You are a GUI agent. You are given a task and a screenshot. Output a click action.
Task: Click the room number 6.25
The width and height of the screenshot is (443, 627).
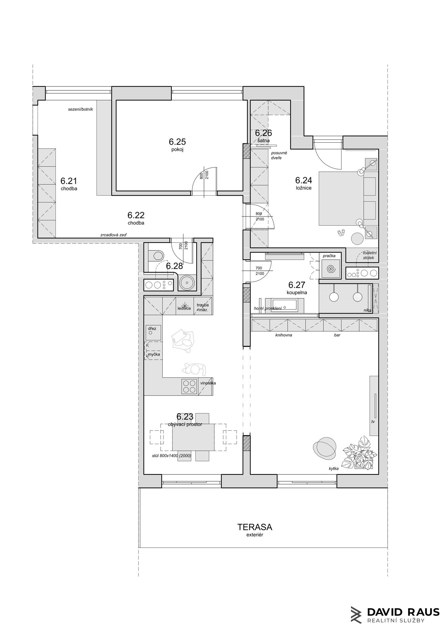point(177,142)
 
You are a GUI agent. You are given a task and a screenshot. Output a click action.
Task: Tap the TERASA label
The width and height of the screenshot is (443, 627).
point(255,527)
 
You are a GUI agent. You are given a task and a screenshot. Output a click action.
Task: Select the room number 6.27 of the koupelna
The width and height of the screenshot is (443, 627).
point(296,285)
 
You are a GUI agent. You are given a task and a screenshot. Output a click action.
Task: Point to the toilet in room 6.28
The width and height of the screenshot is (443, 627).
point(156,254)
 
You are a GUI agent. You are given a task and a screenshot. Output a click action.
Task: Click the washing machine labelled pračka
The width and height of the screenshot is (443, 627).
point(331,269)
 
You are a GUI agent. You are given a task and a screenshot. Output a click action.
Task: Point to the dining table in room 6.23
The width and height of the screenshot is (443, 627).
point(193,437)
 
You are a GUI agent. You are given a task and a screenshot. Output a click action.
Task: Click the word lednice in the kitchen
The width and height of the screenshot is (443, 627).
point(184,308)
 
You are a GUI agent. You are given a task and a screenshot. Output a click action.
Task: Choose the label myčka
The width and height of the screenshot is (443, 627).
point(154,354)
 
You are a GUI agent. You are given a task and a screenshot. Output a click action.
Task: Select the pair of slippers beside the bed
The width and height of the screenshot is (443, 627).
point(341,233)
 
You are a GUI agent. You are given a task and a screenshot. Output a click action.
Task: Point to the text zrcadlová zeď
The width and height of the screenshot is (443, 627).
point(114,235)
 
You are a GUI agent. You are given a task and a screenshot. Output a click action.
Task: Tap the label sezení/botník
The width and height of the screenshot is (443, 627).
point(81,109)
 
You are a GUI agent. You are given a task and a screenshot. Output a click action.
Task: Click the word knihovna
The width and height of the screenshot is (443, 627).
point(284,335)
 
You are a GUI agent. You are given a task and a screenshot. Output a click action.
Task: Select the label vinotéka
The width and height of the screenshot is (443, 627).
point(208,383)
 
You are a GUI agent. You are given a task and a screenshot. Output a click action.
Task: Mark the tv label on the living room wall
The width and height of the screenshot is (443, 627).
point(373,422)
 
